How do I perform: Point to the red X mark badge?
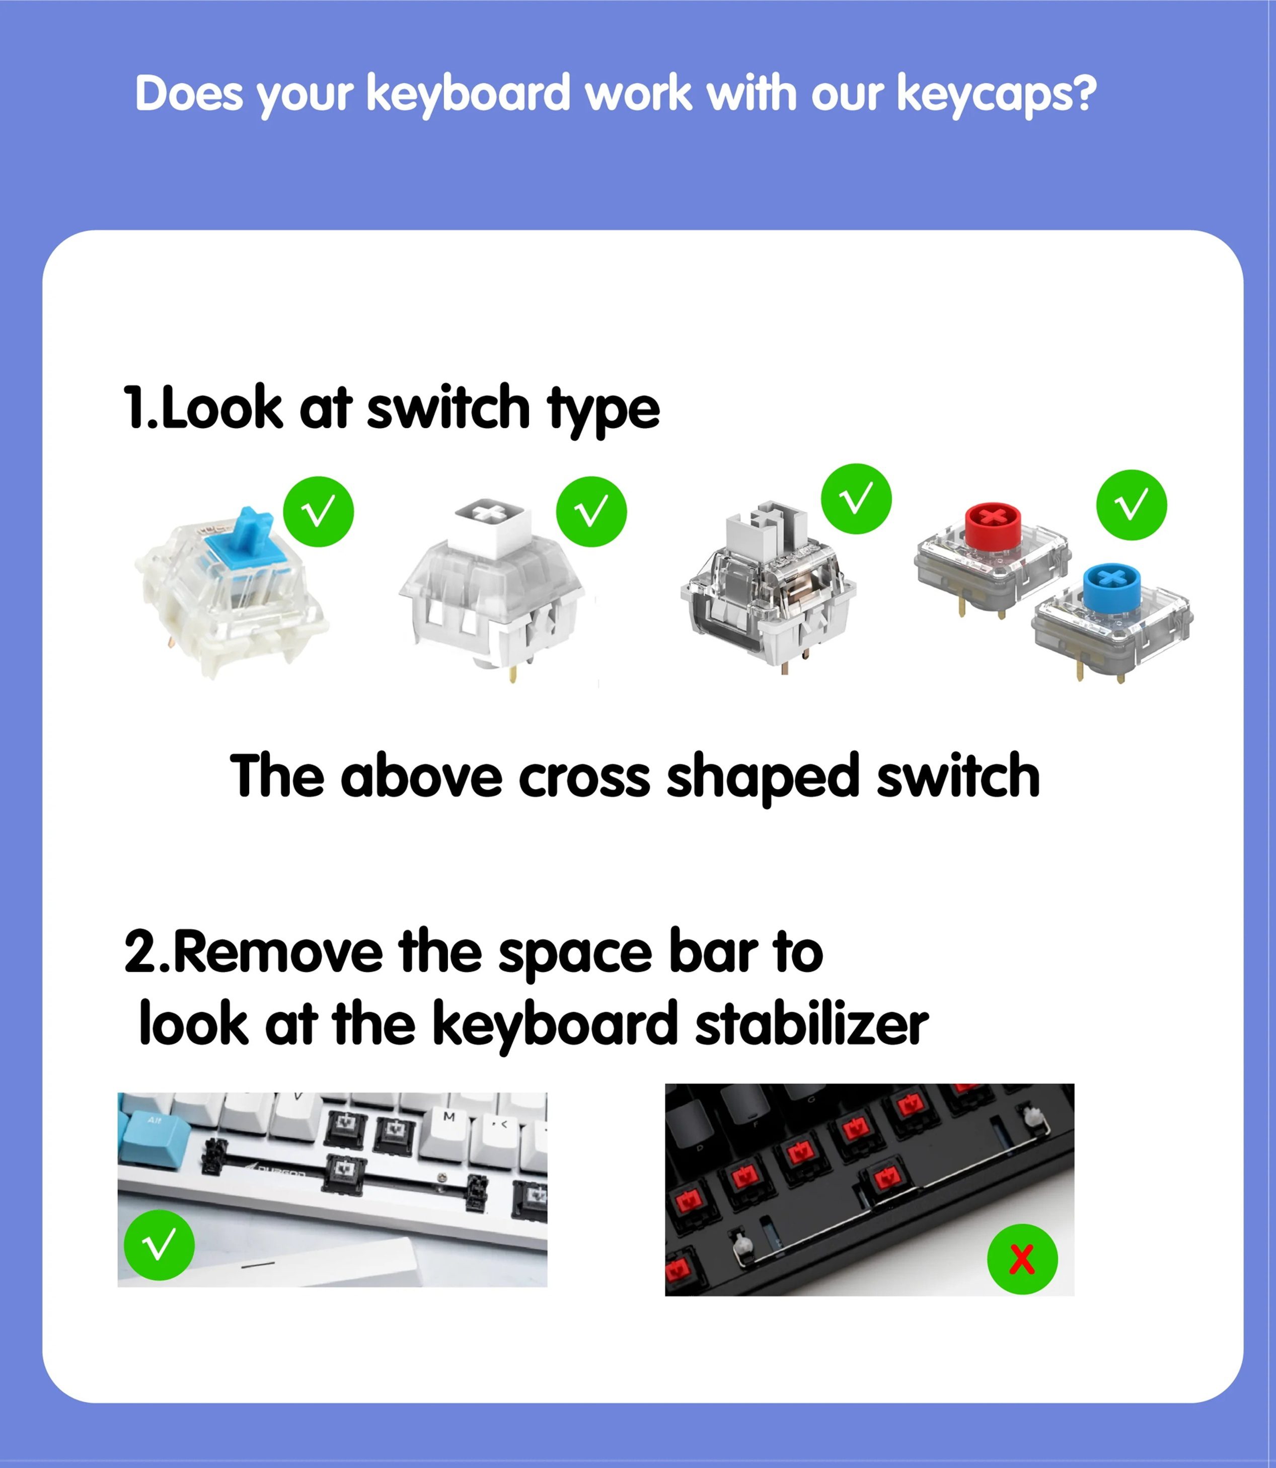pyautogui.click(x=1022, y=1259)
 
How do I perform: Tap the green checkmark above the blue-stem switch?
pyautogui.click(x=318, y=511)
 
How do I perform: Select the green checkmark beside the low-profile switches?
pyautogui.click(x=1132, y=505)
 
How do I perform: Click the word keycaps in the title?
pyautogui.click(x=997, y=95)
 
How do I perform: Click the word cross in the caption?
pyautogui.click(x=584, y=776)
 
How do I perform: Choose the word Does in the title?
pyautogui.click(x=189, y=93)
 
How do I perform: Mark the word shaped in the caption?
pyautogui.click(x=763, y=778)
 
